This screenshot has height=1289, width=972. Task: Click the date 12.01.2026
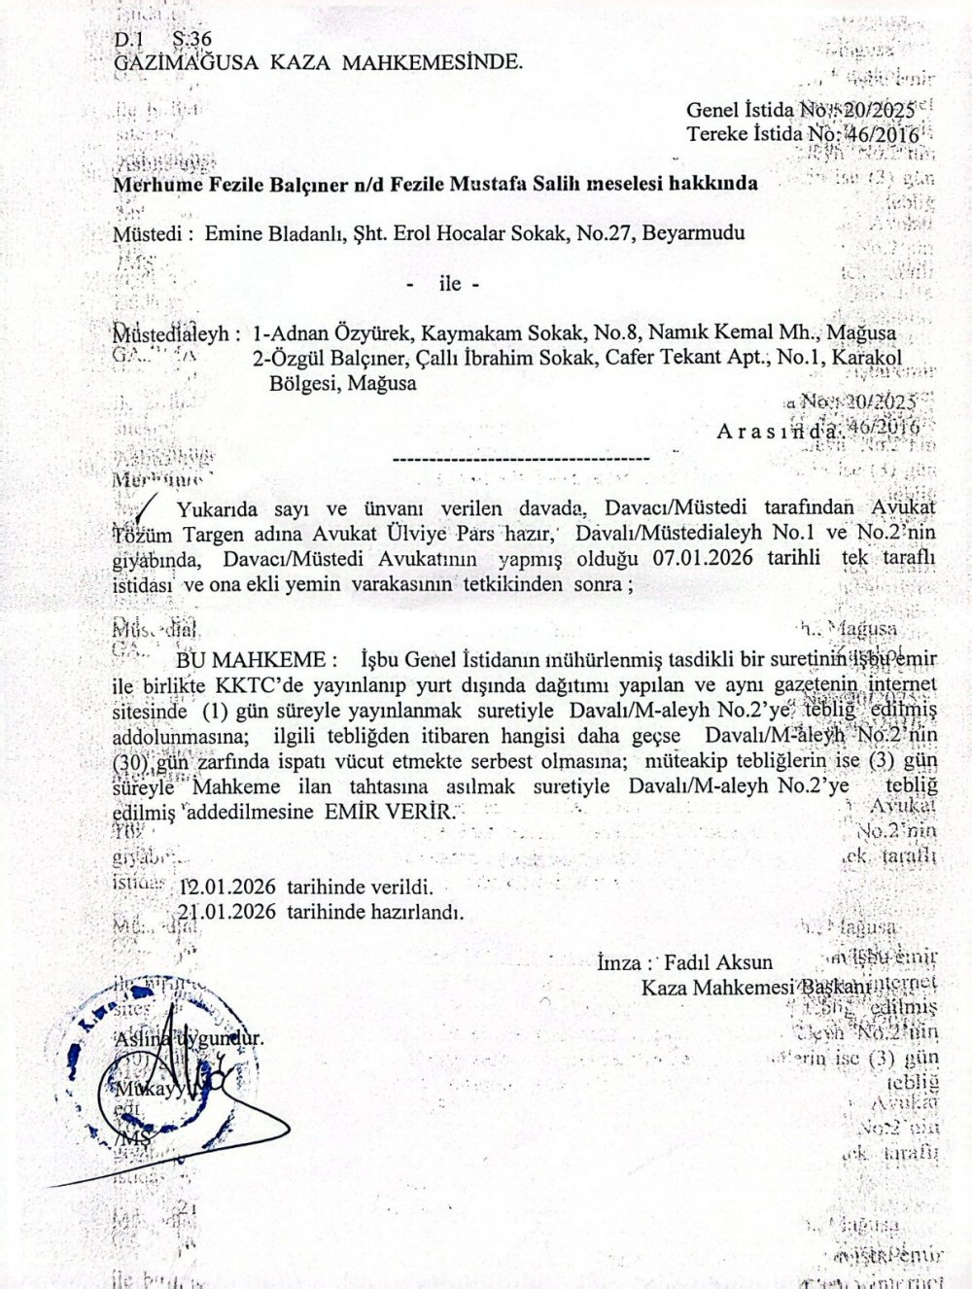(228, 888)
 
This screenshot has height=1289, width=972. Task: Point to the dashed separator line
(519, 456)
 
